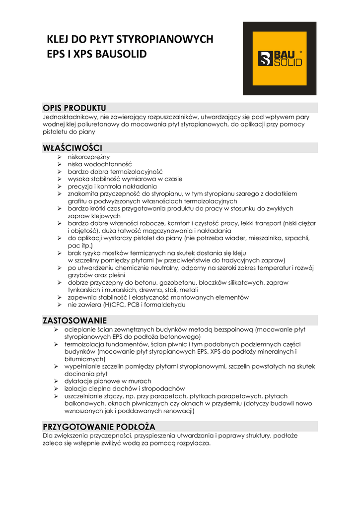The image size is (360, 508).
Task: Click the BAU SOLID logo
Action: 280,59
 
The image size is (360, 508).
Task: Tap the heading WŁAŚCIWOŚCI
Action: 73,148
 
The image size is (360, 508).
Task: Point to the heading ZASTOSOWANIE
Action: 75,320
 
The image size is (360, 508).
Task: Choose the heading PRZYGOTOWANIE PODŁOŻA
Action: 99,427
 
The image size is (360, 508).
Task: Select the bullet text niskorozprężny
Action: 89,157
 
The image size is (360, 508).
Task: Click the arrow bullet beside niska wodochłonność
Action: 58,164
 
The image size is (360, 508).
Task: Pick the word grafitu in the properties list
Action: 77,201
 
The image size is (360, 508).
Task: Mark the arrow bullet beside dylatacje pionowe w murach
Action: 57,381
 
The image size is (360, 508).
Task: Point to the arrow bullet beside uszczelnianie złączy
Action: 57,396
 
